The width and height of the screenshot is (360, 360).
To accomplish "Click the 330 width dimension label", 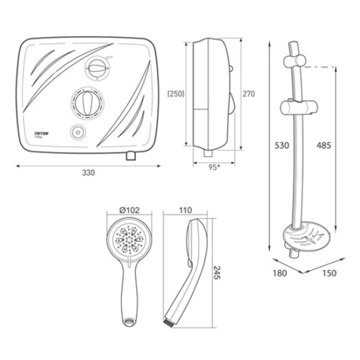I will pyautogui.click(x=89, y=174).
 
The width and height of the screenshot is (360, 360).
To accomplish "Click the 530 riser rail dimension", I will pyautogui.click(x=281, y=145).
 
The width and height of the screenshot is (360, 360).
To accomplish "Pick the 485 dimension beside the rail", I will pyautogui.click(x=324, y=145).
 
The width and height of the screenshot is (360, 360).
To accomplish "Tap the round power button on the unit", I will pyautogui.click(x=78, y=132).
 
